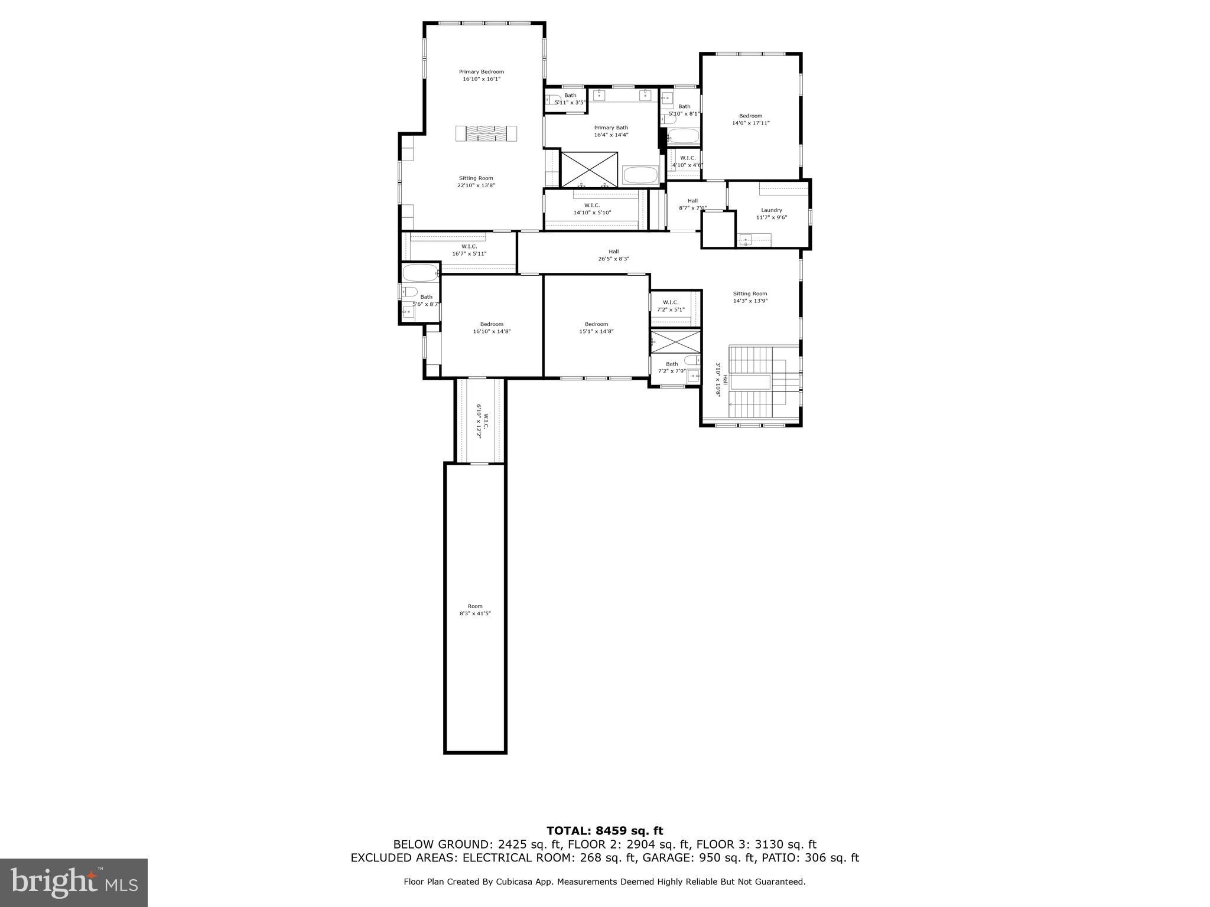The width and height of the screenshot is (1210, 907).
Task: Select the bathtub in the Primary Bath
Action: tap(640, 175)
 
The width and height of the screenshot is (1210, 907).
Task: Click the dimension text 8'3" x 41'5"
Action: tap(475, 614)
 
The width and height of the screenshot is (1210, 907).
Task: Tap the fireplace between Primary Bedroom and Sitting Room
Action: tap(486, 133)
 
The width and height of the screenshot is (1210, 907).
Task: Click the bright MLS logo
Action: tap(73, 882)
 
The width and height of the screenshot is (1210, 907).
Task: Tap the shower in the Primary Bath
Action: tap(588, 170)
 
